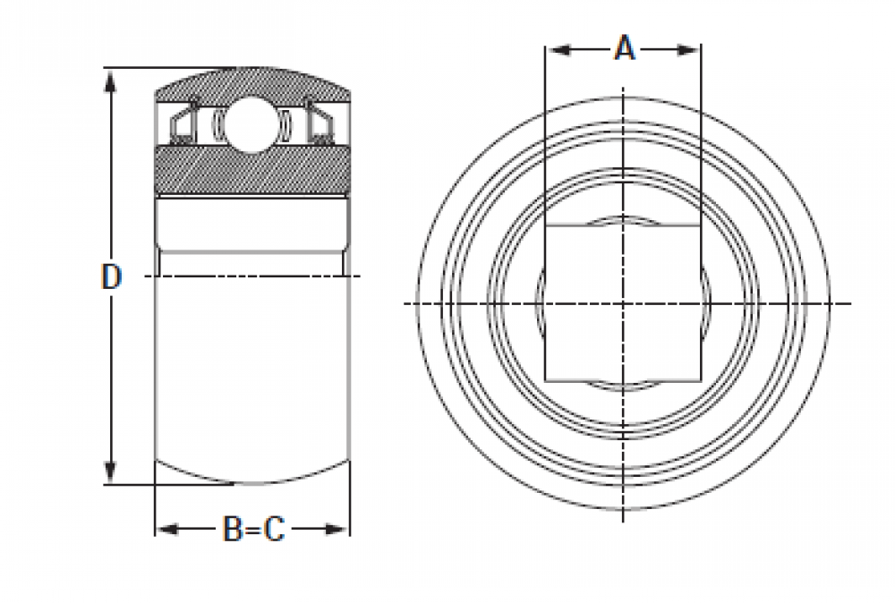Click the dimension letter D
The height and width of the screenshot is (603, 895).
111,276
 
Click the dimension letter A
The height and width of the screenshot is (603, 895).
625,48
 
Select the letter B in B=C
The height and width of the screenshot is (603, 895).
233,529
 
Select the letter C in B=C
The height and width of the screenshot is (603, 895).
274,529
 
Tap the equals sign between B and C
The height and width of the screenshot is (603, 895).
253,530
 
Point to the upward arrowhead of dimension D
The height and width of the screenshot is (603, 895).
110,81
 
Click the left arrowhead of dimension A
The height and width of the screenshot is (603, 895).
559,50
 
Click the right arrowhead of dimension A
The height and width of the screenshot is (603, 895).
687,50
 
